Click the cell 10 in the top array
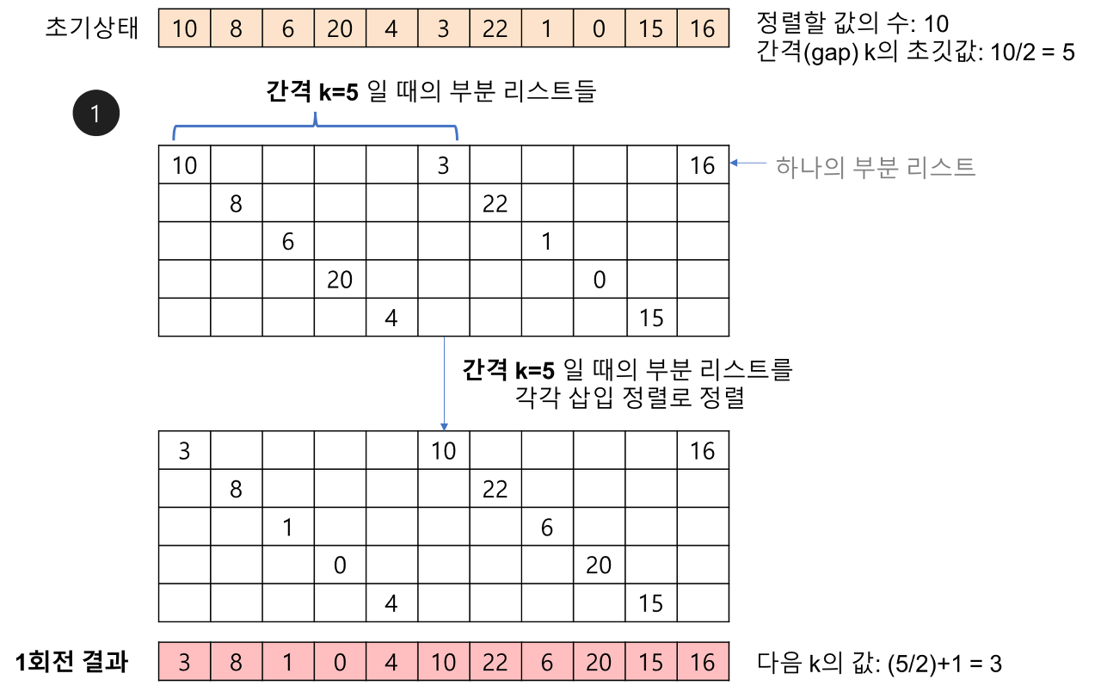(x=185, y=28)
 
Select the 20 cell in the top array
(x=340, y=28)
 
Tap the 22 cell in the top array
(x=495, y=28)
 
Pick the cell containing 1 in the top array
(x=547, y=28)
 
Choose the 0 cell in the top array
(x=599, y=28)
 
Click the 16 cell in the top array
(x=703, y=28)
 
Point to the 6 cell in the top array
(x=288, y=28)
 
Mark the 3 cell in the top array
(x=444, y=28)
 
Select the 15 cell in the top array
(x=651, y=28)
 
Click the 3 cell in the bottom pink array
(x=185, y=662)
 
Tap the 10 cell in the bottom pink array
(x=444, y=662)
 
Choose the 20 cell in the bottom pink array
(x=599, y=662)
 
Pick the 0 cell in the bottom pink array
(x=340, y=662)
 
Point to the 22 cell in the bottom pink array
(x=495, y=662)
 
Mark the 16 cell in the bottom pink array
(x=703, y=662)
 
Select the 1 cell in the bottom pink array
(x=288, y=662)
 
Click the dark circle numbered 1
(x=96, y=113)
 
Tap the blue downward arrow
(x=444, y=383)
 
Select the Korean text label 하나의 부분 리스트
(x=875, y=165)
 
